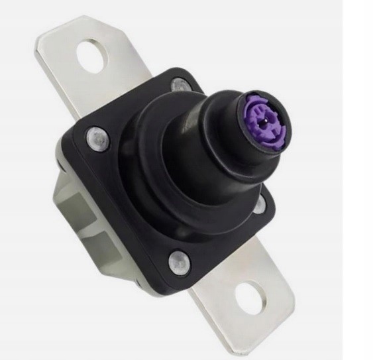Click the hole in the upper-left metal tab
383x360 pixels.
(x=92, y=56)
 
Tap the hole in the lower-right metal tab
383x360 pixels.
(x=249, y=298)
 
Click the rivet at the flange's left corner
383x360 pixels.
(x=97, y=137)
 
